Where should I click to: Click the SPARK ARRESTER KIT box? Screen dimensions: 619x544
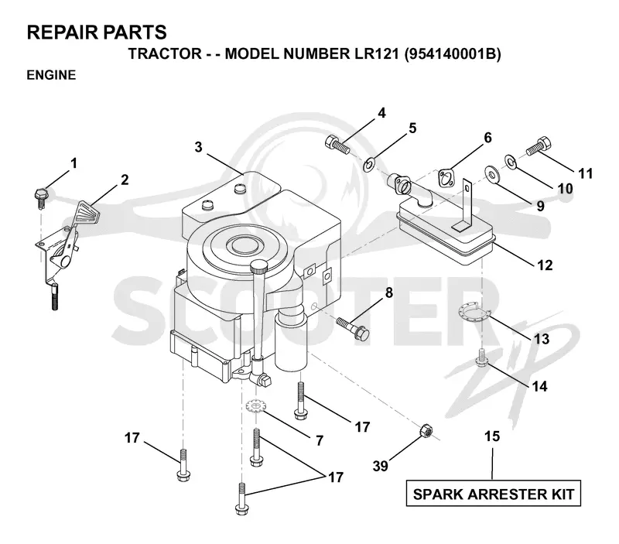(494, 493)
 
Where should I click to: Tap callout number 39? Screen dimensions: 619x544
(381, 466)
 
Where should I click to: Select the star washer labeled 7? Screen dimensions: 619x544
(256, 405)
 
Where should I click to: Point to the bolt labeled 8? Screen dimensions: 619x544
(353, 327)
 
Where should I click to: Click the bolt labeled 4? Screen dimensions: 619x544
(338, 145)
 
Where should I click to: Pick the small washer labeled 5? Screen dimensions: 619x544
(370, 163)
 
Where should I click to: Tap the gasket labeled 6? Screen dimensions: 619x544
(446, 178)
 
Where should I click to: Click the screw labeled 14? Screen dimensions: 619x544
(481, 358)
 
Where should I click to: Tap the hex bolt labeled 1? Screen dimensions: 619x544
(40, 198)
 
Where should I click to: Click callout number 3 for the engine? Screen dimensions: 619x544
(198, 147)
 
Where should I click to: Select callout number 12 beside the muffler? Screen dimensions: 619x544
(545, 265)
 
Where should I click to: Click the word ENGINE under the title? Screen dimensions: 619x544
(51, 75)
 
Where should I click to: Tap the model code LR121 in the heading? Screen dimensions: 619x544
(374, 53)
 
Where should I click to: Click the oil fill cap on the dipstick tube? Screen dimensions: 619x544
(258, 267)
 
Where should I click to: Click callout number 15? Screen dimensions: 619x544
(492, 436)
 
